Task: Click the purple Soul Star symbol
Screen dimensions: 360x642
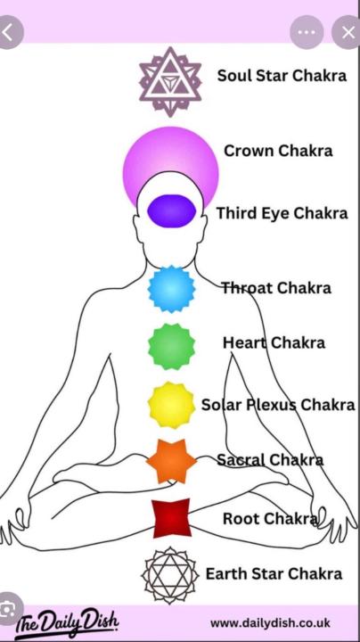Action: [x=170, y=81]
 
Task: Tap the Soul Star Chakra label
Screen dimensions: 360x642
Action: [x=282, y=75]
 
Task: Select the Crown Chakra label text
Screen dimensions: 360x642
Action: [x=278, y=151]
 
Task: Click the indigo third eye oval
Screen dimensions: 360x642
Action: [x=171, y=210]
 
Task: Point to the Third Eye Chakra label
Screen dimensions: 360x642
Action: [x=282, y=213]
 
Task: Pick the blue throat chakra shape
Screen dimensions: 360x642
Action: [x=171, y=289]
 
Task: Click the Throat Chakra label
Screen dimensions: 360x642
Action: [x=276, y=288]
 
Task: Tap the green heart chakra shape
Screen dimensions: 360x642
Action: [x=171, y=346]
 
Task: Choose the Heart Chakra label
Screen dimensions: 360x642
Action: [x=274, y=342]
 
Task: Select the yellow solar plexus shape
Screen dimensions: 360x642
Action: [x=171, y=405]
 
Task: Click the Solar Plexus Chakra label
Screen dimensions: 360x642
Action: [x=278, y=405]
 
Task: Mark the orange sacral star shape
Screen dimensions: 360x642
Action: [x=171, y=461]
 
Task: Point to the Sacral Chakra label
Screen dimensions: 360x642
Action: [x=270, y=460]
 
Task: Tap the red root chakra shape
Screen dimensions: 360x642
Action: [x=172, y=518]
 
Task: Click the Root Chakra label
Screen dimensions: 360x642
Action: [x=270, y=519]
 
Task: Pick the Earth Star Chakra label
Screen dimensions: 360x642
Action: [x=274, y=573]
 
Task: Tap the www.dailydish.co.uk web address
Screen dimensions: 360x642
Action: [x=270, y=623]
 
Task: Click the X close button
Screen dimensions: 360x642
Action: [x=348, y=32]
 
